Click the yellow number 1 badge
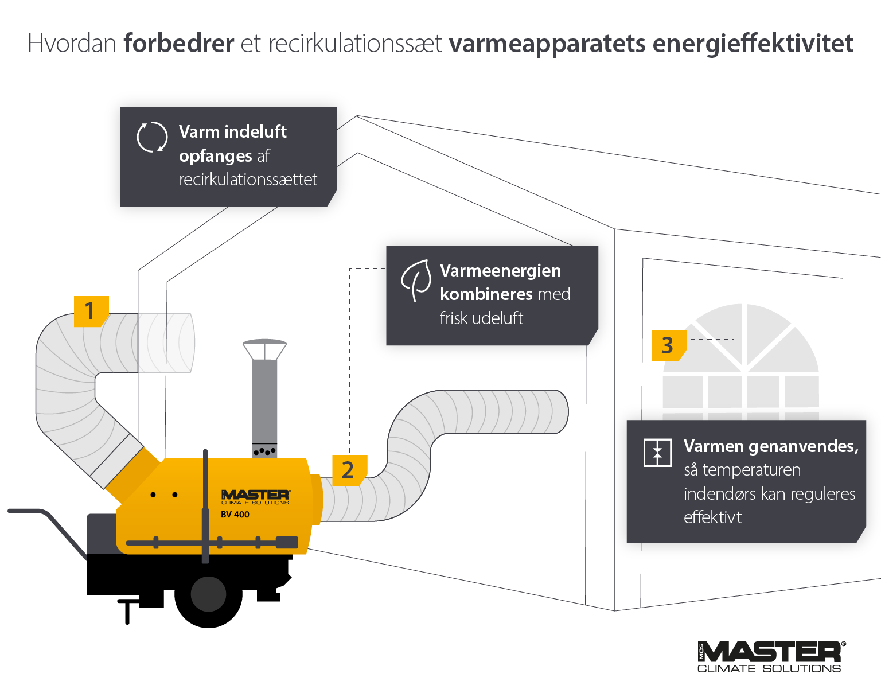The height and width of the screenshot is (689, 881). pyautogui.click(x=91, y=311)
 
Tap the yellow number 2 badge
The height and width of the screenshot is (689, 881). pyautogui.click(x=349, y=470)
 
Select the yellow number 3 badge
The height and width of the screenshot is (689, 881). pyautogui.click(x=668, y=345)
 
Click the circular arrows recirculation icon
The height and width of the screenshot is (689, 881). pyautogui.click(x=152, y=137)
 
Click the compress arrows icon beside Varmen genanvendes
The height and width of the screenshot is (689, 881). pyautogui.click(x=657, y=453)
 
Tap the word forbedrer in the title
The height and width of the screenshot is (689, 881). pyautogui.click(x=178, y=44)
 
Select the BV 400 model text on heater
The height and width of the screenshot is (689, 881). pyautogui.click(x=235, y=515)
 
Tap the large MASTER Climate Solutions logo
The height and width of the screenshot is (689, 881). pyautogui.click(x=771, y=656)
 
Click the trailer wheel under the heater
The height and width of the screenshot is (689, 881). pyautogui.click(x=208, y=594)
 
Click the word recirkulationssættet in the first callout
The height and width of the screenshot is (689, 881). pyautogui.click(x=248, y=180)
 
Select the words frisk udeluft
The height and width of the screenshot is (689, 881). pyautogui.click(x=481, y=318)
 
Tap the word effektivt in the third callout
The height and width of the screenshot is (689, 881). pyautogui.click(x=712, y=517)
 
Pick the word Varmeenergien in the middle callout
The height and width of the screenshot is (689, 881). pyautogui.click(x=500, y=270)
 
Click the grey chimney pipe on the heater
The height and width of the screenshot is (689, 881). pyautogui.click(x=264, y=402)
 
